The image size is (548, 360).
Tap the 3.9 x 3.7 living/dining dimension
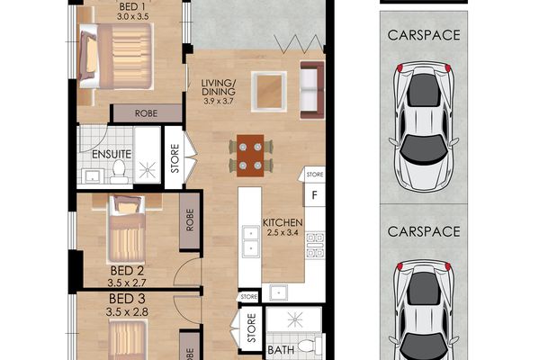[x=218, y=102]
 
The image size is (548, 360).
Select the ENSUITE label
[x=112, y=154]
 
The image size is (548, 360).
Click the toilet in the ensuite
[x=119, y=172]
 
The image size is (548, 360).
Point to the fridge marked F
[x=314, y=195]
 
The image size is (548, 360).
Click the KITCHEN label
[x=283, y=222]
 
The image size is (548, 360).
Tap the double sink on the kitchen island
[x=250, y=241]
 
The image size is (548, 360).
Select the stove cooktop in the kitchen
[x=315, y=245]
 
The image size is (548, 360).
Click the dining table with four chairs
[x=250, y=156]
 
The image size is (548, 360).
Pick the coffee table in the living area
[x=269, y=92]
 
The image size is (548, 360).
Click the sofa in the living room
[x=312, y=90]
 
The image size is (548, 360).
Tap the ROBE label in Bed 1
[x=146, y=113]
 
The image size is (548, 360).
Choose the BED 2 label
[x=127, y=271]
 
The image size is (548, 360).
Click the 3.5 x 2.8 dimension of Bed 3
[x=127, y=311]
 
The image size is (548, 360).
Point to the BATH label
[x=281, y=350]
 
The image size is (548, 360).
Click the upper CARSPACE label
[x=424, y=35]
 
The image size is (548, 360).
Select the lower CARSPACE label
[x=424, y=231]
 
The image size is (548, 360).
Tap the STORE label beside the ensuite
[x=175, y=158]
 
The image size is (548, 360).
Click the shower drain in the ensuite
[x=148, y=170]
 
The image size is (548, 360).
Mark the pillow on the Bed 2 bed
[x=127, y=206]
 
